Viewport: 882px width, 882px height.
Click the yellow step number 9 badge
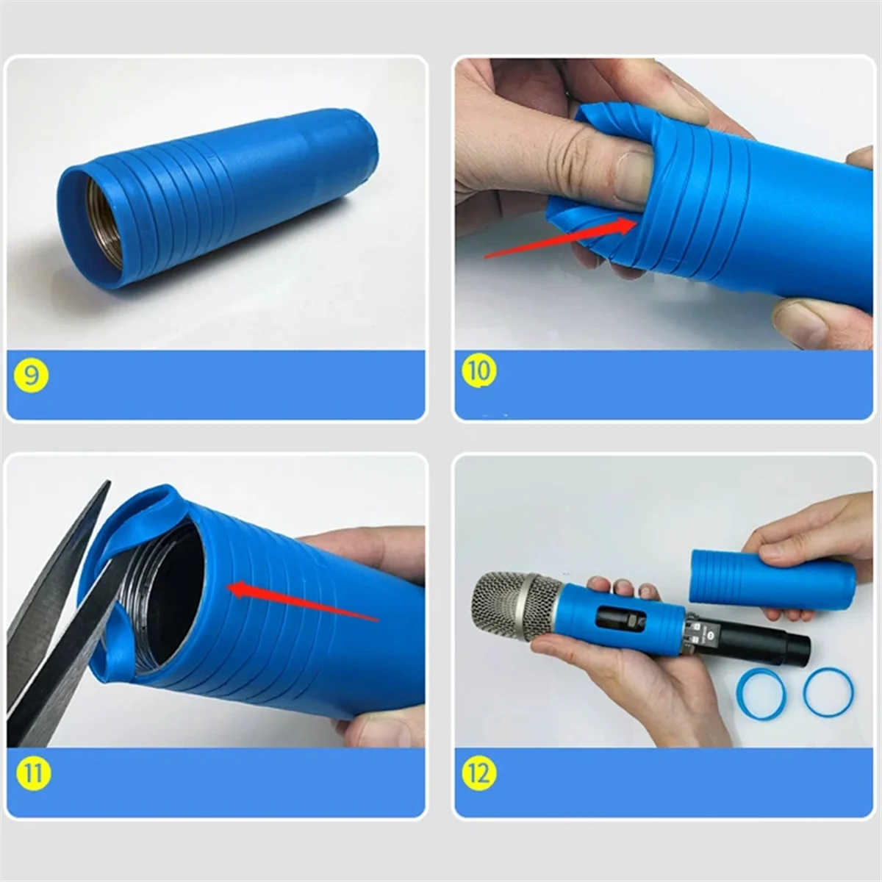click(31, 376)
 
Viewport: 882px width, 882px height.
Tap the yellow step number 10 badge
click(478, 370)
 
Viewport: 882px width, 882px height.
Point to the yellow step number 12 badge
click(478, 772)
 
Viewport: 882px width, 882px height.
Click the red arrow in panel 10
click(559, 239)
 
